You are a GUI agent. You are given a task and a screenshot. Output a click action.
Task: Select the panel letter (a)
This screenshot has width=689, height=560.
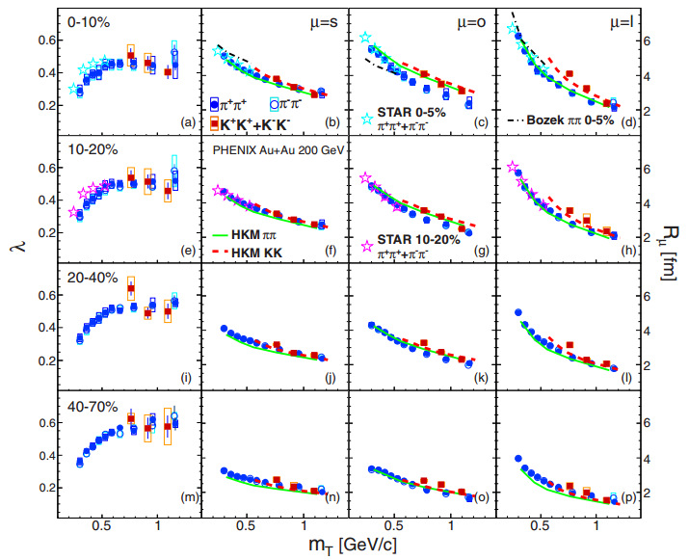tap(189, 122)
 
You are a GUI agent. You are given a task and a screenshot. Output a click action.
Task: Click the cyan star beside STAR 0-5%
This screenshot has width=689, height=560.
tap(367, 119)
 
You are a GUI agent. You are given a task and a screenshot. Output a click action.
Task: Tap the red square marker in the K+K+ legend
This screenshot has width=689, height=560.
tap(218, 124)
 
